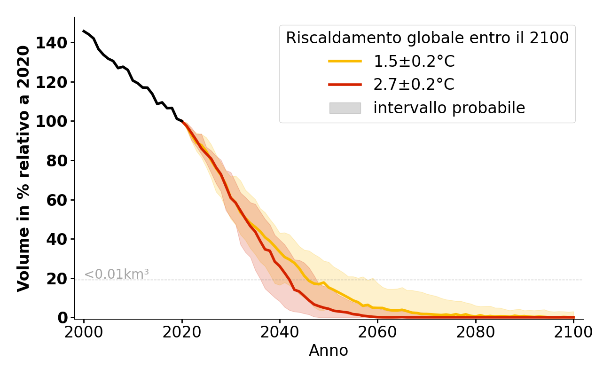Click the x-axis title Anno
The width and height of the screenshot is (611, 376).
click(x=329, y=351)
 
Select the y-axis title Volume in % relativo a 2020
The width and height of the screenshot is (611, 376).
click(x=23, y=169)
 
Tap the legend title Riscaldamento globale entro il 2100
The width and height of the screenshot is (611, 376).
click(x=427, y=38)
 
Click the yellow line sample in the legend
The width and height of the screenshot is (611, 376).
click(x=345, y=61)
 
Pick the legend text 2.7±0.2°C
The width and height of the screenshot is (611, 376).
click(x=414, y=85)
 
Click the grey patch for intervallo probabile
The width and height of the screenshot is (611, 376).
click(x=345, y=108)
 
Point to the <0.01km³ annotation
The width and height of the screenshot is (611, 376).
click(x=116, y=274)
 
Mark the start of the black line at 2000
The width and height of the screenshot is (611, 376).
click(x=84, y=31)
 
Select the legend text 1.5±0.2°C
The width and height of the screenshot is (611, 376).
click(x=414, y=61)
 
